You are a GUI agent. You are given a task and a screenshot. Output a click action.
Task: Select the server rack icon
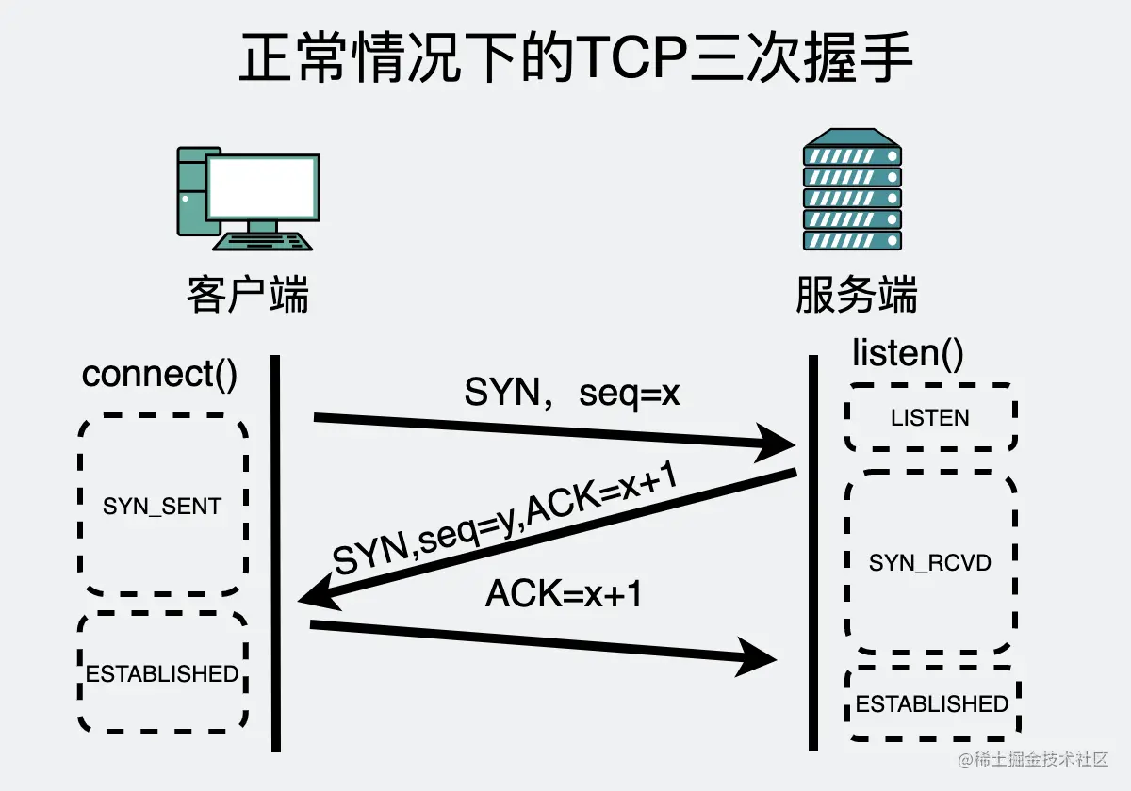(x=852, y=192)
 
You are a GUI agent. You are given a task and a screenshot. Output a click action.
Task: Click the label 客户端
(x=248, y=295)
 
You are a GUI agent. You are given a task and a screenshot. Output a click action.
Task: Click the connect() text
(x=159, y=374)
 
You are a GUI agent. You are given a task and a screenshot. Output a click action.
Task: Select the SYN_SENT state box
(x=162, y=506)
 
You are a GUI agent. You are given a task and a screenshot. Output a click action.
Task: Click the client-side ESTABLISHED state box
(x=162, y=673)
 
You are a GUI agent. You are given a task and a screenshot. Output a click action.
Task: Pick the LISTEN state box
(x=930, y=417)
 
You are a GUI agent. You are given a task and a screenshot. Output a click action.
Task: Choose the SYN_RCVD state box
(x=930, y=562)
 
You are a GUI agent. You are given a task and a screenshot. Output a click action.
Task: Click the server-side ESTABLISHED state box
(x=931, y=703)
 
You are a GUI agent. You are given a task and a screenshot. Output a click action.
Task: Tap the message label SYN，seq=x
(x=572, y=394)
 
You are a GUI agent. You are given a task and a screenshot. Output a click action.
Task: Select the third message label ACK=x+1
(x=564, y=594)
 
